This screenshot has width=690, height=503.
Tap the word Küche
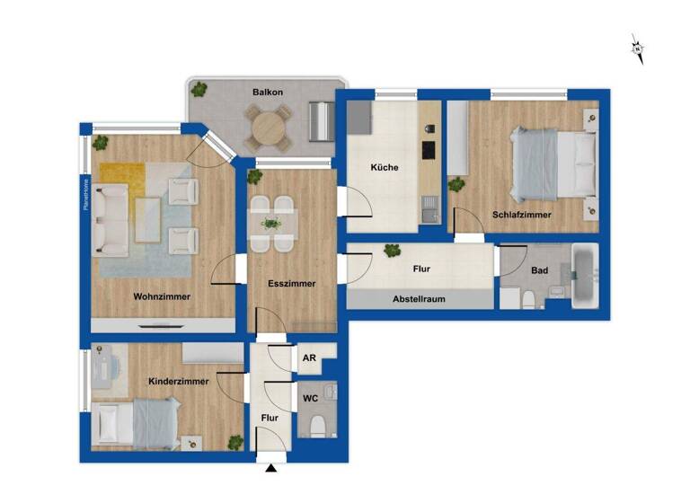click(x=385, y=167)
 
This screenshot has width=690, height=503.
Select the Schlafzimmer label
click(x=521, y=215)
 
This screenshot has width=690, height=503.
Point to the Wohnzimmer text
click(x=162, y=296)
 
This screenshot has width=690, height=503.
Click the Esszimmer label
click(x=292, y=284)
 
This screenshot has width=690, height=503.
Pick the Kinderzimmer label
click(x=180, y=381)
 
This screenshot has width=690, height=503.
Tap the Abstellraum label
click(x=420, y=299)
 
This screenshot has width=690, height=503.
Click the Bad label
click(x=539, y=269)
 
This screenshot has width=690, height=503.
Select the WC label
click(x=310, y=396)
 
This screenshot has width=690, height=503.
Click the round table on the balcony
click(x=270, y=128)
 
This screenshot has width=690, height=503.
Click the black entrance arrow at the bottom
click(x=271, y=467)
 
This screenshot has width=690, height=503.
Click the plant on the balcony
click(x=199, y=89)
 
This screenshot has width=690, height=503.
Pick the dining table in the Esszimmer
click(x=271, y=223)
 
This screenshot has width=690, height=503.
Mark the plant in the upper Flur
click(x=391, y=251)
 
